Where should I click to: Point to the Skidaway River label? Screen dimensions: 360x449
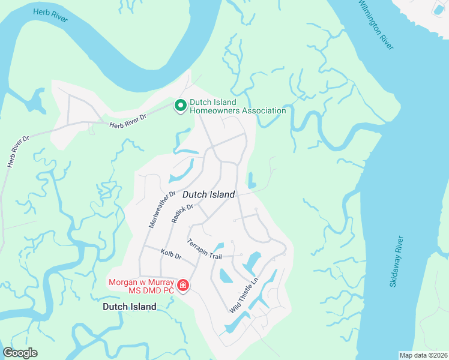point(397,261)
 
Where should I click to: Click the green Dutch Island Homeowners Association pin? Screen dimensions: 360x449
point(179,106)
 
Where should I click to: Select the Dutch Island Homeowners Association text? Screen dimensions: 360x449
point(238,106)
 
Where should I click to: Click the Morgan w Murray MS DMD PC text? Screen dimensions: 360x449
point(141,286)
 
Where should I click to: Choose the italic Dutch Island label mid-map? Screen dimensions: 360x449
point(208,194)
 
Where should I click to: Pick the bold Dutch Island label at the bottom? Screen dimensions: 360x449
point(129,307)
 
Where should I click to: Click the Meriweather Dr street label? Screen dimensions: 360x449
point(161,209)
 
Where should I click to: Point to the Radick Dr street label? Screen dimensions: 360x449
point(182,213)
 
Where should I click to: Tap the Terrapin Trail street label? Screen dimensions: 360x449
point(204,249)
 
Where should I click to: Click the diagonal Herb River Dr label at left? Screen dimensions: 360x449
point(19,151)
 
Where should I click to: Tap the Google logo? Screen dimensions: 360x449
point(20,353)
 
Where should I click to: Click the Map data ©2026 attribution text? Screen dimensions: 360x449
point(423,355)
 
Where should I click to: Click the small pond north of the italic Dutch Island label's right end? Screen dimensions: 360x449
point(252,180)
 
